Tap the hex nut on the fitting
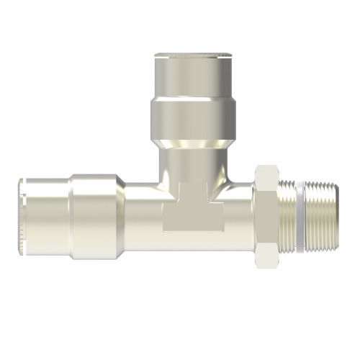point(266,212)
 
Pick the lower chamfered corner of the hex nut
point(266,253)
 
